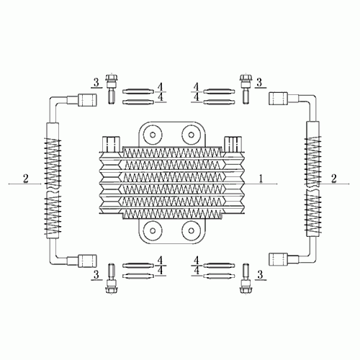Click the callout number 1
(x=262, y=177)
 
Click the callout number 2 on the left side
(x=26, y=178)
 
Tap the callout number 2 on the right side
(x=333, y=178)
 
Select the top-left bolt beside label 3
(x=112, y=88)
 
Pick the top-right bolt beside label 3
(x=246, y=88)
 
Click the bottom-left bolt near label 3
(x=112, y=277)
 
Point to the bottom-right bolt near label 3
(x=246, y=277)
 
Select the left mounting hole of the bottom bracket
(x=153, y=230)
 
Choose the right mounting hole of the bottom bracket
(x=191, y=230)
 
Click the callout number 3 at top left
(x=95, y=81)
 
